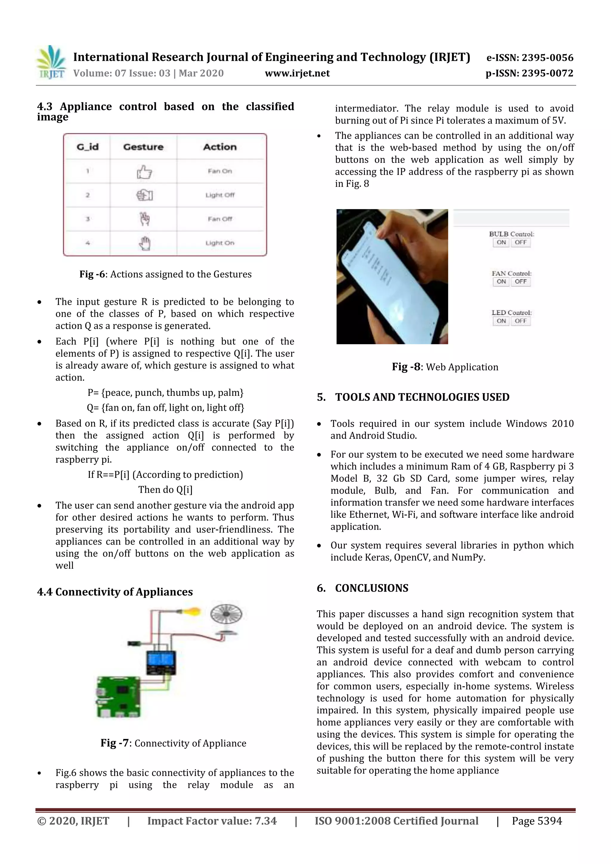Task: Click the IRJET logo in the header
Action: (x=51, y=62)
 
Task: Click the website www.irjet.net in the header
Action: (x=297, y=73)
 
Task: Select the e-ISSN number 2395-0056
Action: (x=547, y=58)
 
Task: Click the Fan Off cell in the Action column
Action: (x=220, y=219)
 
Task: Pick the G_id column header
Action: (x=87, y=147)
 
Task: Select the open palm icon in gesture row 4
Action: (x=144, y=243)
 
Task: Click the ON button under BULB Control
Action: (x=501, y=242)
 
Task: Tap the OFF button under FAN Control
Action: (x=521, y=282)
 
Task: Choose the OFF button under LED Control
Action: (x=521, y=321)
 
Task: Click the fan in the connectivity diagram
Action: (x=226, y=614)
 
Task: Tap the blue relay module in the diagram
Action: (x=161, y=661)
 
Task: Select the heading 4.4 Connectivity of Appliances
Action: (x=115, y=592)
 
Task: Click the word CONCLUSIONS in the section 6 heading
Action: (x=371, y=588)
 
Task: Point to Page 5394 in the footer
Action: (x=536, y=821)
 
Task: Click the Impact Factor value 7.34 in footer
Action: (x=266, y=821)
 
